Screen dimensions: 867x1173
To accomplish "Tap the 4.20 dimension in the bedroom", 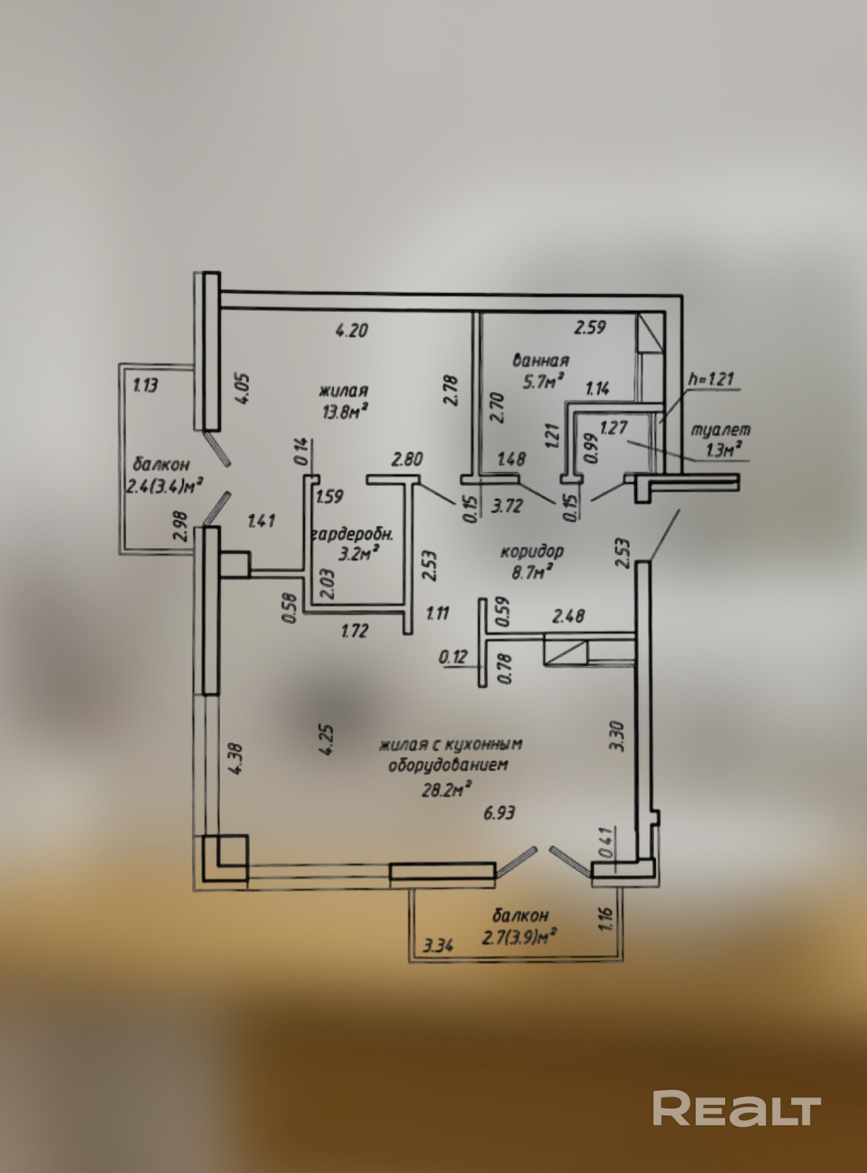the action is [x=352, y=330].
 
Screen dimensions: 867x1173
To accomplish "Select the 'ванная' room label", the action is [x=540, y=361].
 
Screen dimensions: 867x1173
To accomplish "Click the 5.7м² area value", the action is [x=542, y=382].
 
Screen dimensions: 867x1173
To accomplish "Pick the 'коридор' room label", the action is [x=532, y=551].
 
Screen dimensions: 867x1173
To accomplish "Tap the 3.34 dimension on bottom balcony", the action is [x=438, y=944].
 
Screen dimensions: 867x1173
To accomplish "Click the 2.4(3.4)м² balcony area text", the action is [x=165, y=485].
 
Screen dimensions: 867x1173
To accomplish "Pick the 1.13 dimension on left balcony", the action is [x=145, y=386].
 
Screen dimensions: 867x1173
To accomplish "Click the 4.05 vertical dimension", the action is [x=242, y=388].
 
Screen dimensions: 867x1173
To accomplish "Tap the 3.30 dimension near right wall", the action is [x=618, y=735].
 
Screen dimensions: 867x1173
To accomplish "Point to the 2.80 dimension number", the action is [x=407, y=460].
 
